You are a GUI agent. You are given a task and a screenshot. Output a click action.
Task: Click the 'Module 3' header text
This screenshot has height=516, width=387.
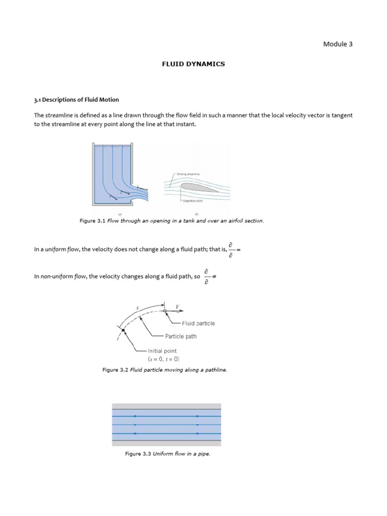click(338, 44)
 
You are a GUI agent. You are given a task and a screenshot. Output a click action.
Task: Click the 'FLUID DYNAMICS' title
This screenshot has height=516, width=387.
click(193, 64)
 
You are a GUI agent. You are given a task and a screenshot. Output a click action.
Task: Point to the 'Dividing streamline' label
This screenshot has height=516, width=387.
click(188, 174)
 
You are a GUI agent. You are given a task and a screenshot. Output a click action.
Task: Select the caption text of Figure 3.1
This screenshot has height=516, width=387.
click(171, 221)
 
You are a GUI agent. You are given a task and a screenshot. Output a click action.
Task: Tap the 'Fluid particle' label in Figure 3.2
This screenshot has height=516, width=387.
click(198, 324)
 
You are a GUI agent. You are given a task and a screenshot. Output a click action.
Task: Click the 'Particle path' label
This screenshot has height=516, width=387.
click(180, 336)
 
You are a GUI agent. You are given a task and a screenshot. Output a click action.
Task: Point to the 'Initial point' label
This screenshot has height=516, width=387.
click(162, 351)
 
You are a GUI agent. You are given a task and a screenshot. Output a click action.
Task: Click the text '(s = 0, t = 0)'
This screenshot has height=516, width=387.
click(163, 359)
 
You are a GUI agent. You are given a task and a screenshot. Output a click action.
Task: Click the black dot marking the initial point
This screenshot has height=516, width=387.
click(123, 330)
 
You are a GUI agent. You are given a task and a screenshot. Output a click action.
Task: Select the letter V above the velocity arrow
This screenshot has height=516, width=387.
click(177, 306)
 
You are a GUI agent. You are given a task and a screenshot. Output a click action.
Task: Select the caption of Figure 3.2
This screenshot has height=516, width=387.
click(165, 370)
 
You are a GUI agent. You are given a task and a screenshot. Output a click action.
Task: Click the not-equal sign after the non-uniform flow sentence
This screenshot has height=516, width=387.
click(214, 277)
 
